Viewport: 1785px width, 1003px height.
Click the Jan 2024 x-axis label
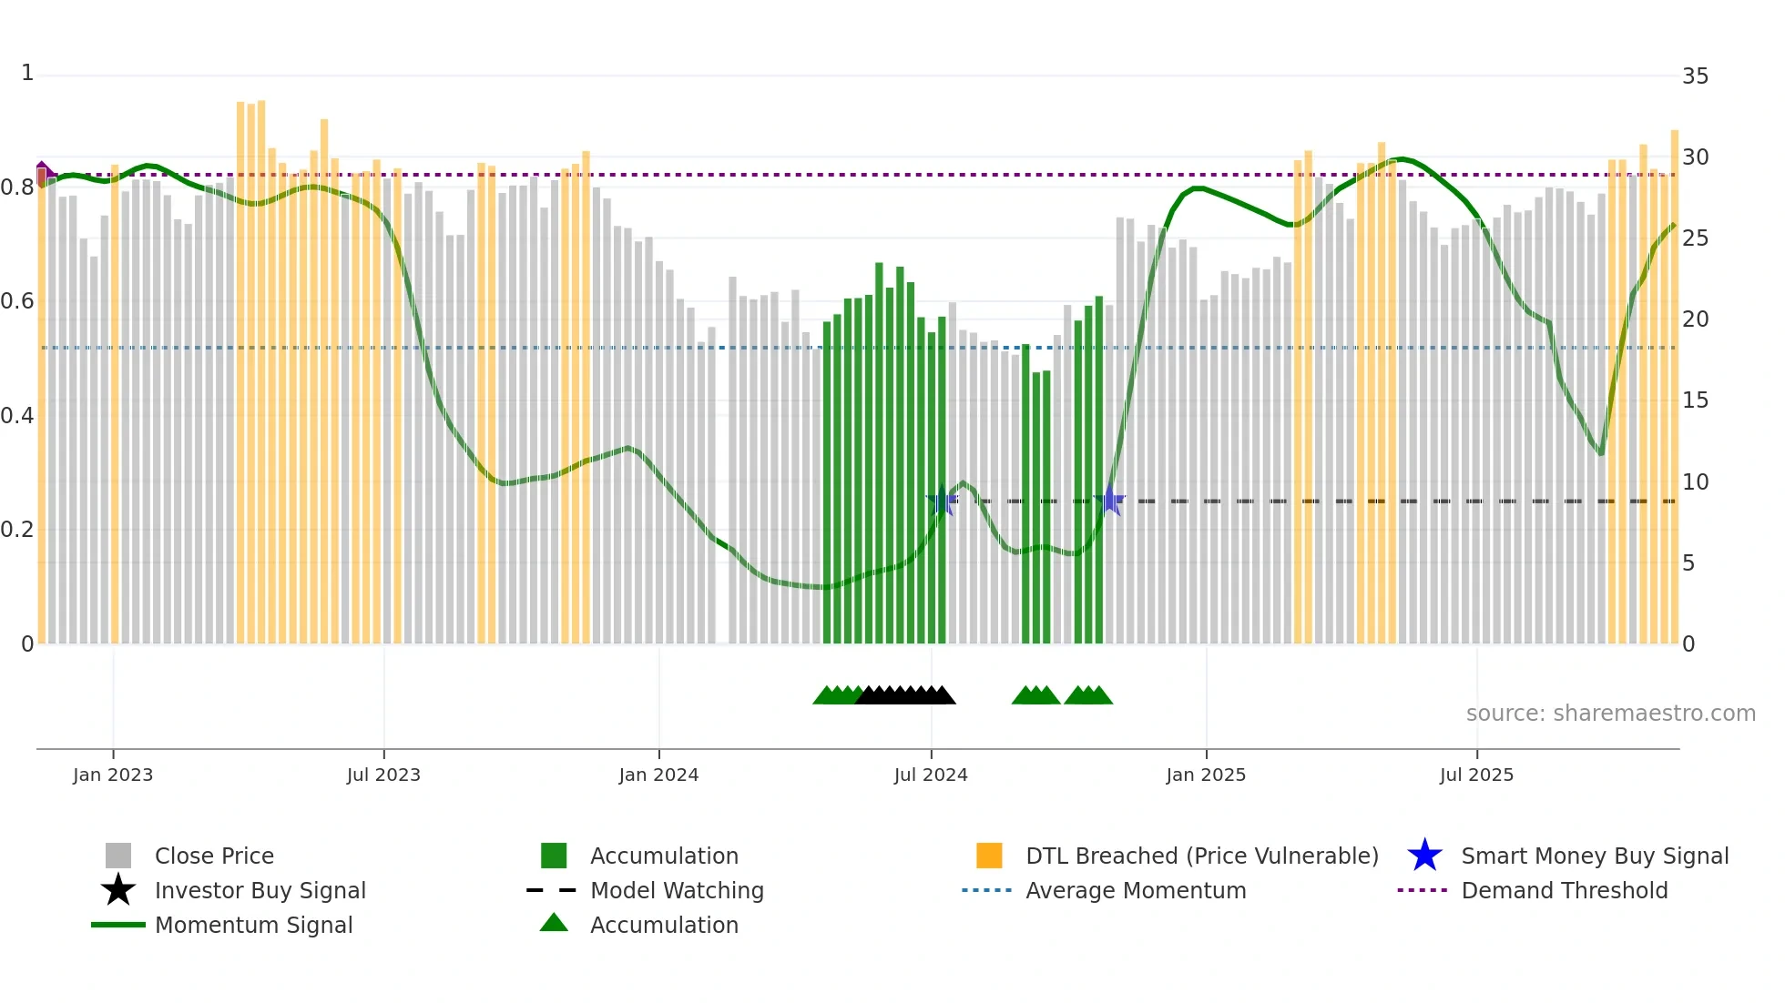pos(658,775)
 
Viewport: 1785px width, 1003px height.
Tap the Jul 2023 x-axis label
pos(383,775)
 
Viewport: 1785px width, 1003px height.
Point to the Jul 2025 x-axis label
pos(1476,775)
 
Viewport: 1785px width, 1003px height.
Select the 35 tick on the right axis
pos(1695,76)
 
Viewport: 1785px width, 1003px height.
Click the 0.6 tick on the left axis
pos(17,301)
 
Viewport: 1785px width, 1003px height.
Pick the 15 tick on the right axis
pos(1695,400)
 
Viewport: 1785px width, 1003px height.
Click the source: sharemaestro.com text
pos(1610,714)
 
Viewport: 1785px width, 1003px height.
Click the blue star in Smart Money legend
pos(1424,856)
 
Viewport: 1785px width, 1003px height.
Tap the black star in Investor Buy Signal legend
pos(118,890)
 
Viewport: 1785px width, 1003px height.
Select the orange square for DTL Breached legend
pos(989,856)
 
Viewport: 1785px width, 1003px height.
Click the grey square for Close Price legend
pos(118,856)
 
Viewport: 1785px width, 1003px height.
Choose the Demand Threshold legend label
pos(1564,890)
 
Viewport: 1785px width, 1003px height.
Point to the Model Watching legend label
pos(677,890)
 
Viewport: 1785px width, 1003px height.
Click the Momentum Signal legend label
pos(253,925)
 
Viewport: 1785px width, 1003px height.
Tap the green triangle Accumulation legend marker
pos(554,923)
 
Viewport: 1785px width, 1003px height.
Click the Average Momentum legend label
pos(1136,890)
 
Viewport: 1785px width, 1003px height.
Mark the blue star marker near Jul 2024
pos(942,501)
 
